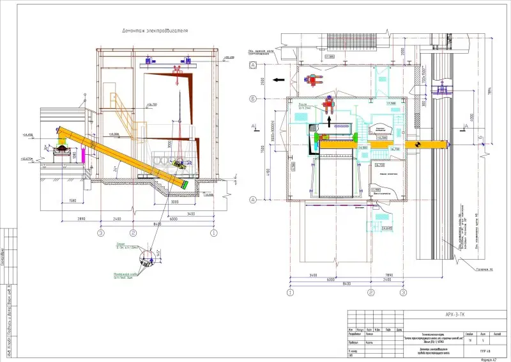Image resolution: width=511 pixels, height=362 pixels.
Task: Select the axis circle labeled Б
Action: pos(254,98)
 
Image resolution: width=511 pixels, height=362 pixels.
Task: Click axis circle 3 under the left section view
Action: pos(100,233)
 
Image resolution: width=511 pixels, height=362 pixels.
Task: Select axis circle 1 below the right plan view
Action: pos(290,293)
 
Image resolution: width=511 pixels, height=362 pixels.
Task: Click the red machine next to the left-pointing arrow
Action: pos(314,81)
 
